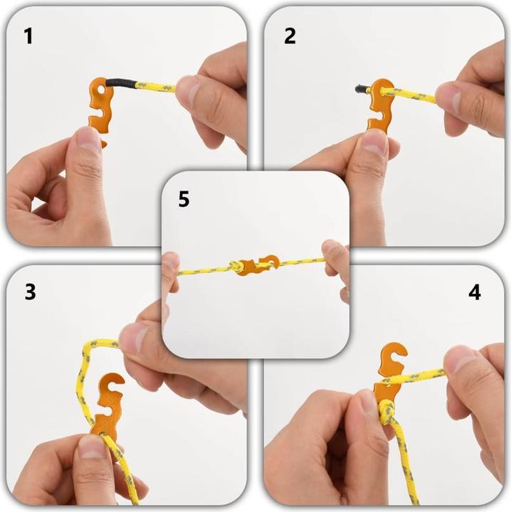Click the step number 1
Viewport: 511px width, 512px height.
(x=28, y=36)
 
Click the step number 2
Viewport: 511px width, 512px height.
(x=290, y=36)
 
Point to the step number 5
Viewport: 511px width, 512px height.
(x=184, y=199)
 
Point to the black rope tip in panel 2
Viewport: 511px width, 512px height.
(x=362, y=89)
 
